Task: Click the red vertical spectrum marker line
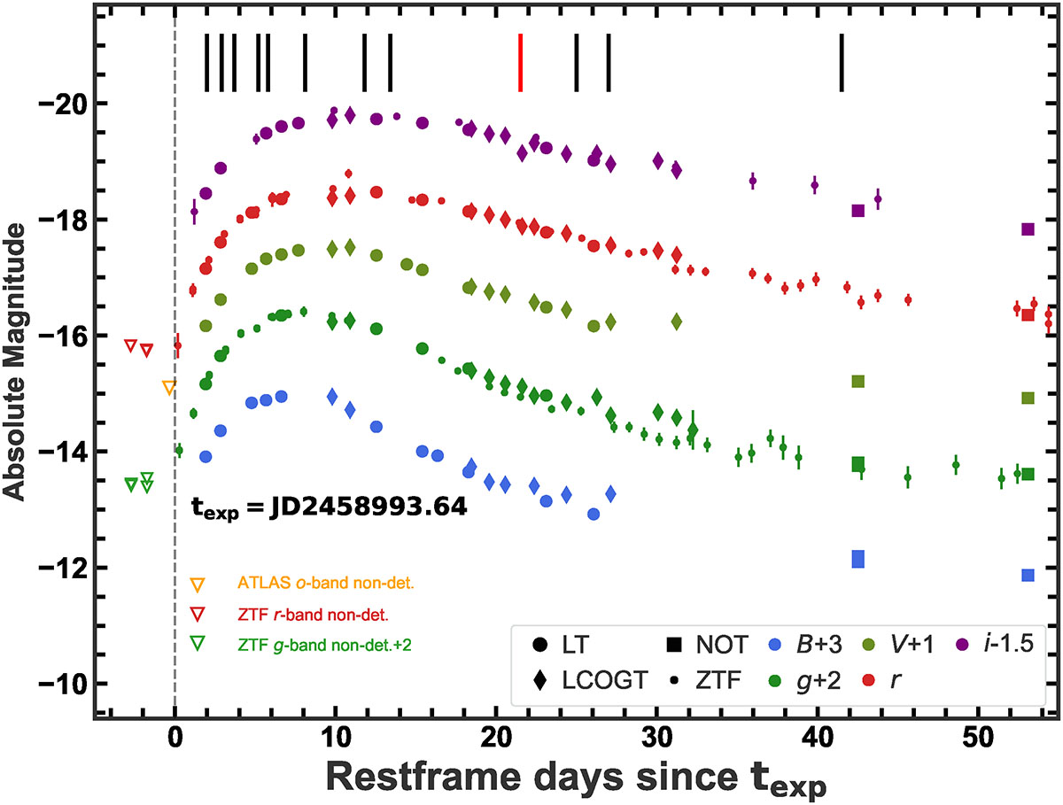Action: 521,62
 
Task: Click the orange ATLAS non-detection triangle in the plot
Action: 169,387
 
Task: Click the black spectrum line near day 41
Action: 842,62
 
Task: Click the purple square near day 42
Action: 857,210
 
